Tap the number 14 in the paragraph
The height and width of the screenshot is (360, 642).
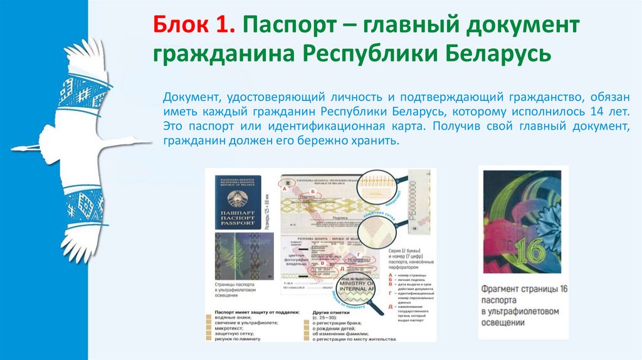pyautogui.click(x=596, y=112)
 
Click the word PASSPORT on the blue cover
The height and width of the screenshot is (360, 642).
pyautogui.click(x=238, y=223)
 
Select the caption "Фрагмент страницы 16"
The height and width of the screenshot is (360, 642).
pyautogui.click(x=525, y=289)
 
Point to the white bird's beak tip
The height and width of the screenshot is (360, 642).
pyautogui.click(x=151, y=142)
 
